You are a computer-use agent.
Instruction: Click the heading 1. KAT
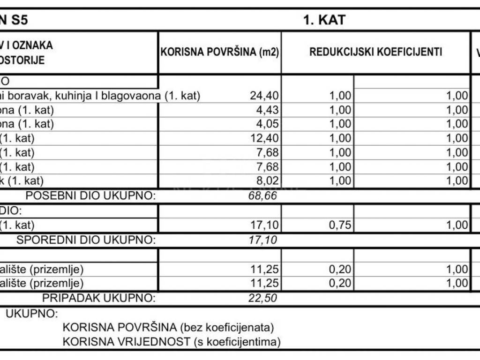pos(324,20)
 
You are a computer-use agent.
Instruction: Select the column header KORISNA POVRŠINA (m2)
pos(220,52)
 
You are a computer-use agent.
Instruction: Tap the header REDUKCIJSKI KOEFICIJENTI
pos(375,52)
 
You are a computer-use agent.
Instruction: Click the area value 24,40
pos(265,96)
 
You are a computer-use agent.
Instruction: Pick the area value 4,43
pos(268,110)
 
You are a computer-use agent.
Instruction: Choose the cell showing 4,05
pos(268,124)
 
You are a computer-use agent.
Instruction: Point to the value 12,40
pos(265,138)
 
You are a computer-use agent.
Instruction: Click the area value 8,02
pos(268,180)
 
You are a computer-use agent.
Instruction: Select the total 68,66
pos(262,195)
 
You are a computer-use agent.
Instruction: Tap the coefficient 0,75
pos(340,226)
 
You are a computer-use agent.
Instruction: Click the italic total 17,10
pos(262,240)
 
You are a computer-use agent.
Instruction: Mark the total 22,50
pos(262,298)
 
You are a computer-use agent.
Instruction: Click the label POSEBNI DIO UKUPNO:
pos(90,195)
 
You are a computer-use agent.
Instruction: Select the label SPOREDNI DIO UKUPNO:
pos(86,240)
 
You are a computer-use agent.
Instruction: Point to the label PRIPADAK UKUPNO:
pos(98,298)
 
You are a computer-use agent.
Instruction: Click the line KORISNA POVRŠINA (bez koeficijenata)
pos(168,327)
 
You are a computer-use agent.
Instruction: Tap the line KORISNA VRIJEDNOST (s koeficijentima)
pos(172,342)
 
